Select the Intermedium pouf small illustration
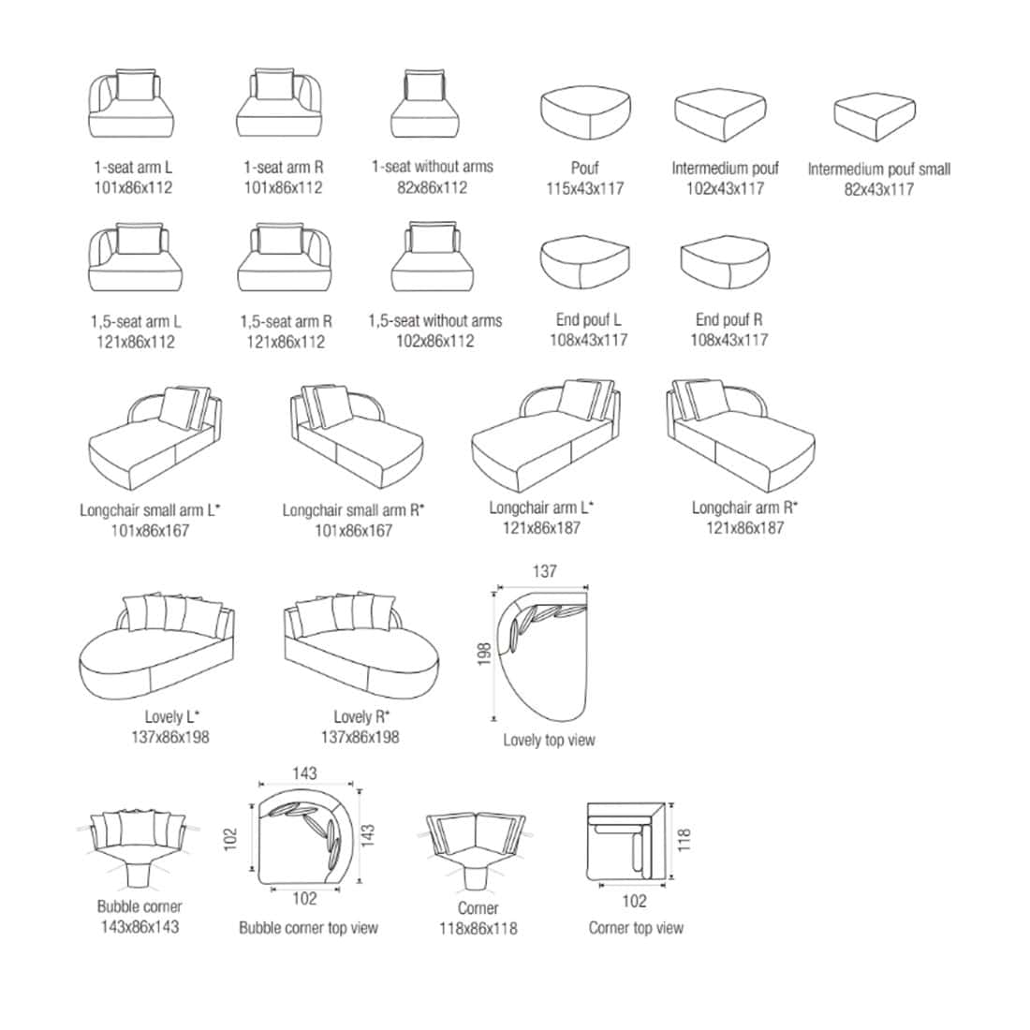(x=875, y=118)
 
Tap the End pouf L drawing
(x=584, y=262)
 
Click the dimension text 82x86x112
(x=433, y=188)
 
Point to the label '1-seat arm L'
(x=133, y=168)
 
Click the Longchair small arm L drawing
(x=154, y=437)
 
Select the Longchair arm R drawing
(x=741, y=434)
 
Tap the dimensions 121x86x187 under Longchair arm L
(x=541, y=528)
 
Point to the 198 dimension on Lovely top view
(x=484, y=655)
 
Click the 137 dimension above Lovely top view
(x=545, y=571)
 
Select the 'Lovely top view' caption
(x=549, y=741)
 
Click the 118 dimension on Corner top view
(x=684, y=840)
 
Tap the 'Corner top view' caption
(x=636, y=928)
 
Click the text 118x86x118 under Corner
(x=478, y=929)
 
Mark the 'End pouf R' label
(x=729, y=320)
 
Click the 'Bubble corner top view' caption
(x=308, y=928)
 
